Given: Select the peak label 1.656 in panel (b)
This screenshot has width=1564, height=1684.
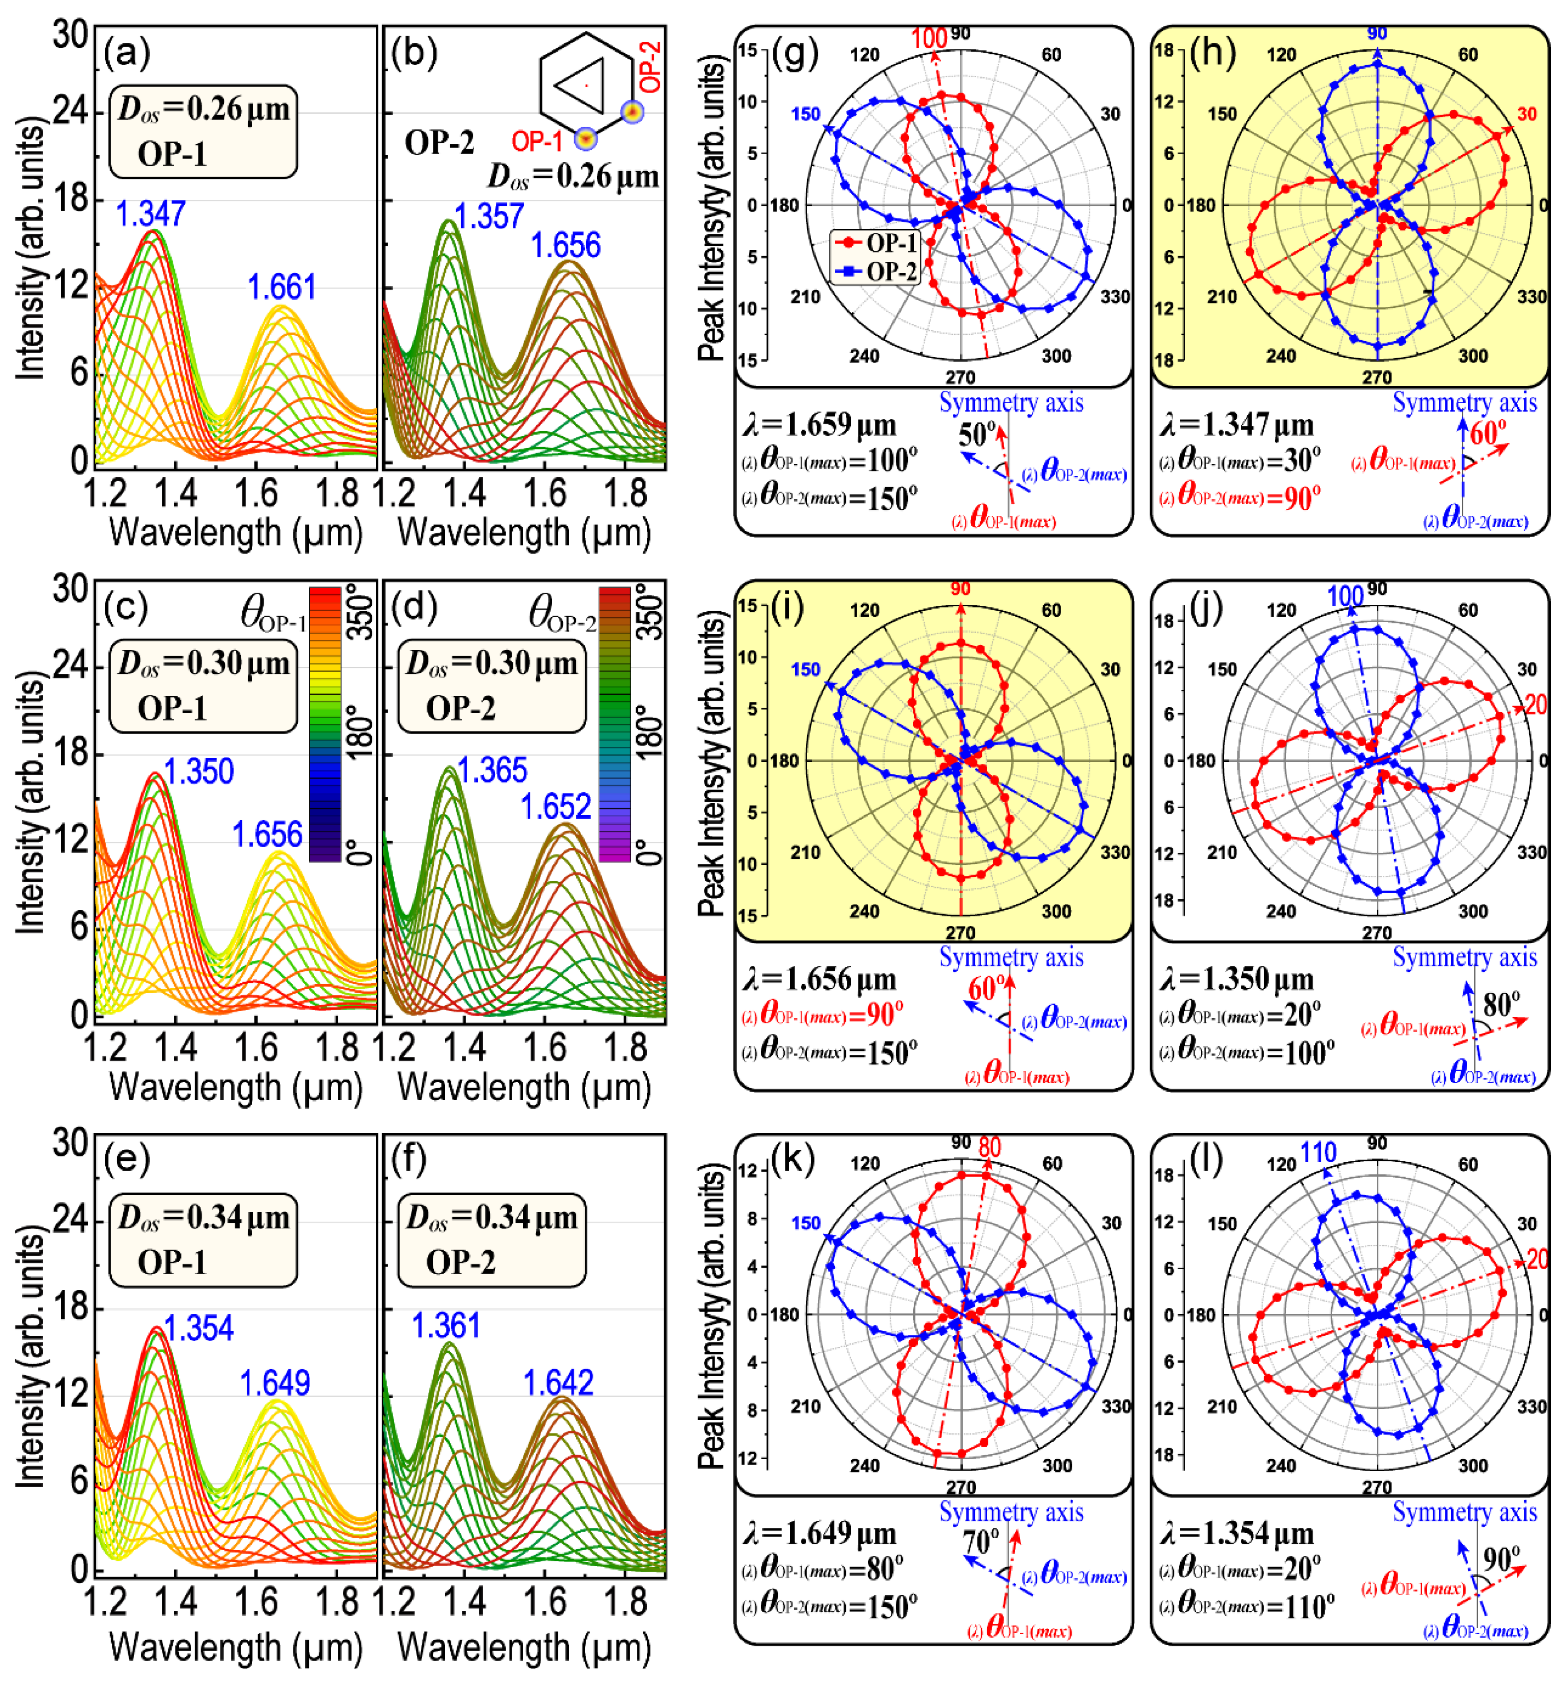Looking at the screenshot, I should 565,246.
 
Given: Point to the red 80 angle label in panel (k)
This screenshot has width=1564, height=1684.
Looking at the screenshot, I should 989,1148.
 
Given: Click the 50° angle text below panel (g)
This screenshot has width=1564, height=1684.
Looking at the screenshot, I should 977,435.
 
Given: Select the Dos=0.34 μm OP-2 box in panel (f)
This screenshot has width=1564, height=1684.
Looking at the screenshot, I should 492,1239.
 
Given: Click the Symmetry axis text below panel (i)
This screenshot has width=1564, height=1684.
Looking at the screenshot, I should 1011,958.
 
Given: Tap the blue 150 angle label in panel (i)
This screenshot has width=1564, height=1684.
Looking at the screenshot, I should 806,670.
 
